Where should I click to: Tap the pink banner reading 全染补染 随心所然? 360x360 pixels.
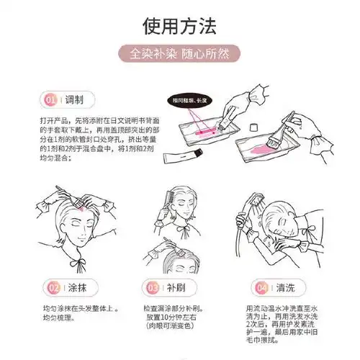(179, 55)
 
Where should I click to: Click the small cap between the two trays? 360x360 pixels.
(253, 127)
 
